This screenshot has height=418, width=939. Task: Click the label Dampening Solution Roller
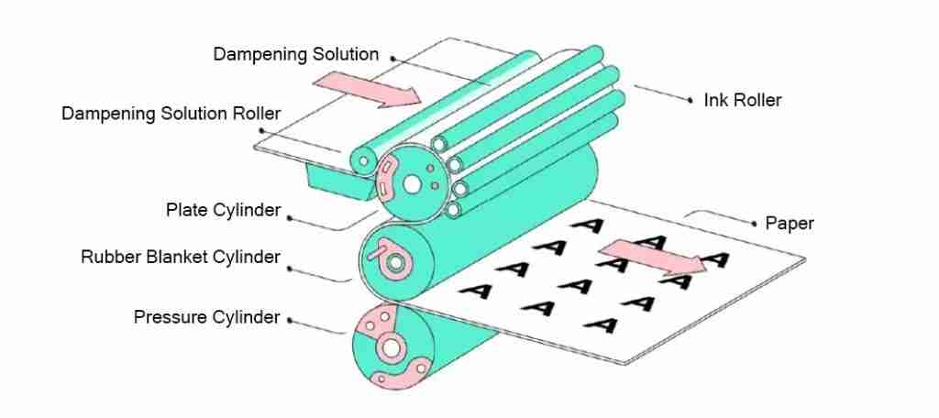coord(171,114)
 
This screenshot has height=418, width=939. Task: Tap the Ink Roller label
coord(743,100)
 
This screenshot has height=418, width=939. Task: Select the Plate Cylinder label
coord(224,211)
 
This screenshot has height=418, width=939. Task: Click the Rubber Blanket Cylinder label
coord(181,257)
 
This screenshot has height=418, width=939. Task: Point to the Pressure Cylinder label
coord(206,317)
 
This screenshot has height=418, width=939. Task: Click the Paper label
coord(790,224)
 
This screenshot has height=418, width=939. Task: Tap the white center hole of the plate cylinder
coord(412,184)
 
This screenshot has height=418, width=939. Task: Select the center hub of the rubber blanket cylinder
coord(395,261)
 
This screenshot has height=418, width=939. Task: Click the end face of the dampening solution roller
coord(364,159)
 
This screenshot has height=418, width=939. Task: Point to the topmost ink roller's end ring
coord(439,144)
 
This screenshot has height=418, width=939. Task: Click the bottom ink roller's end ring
coord(453,210)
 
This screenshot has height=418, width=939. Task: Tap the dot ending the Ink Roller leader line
coord(690,101)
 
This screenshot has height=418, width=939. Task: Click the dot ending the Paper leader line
coord(754,224)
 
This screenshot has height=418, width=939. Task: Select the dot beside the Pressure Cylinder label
coord(289,321)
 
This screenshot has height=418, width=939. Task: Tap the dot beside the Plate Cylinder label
coord(289,218)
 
